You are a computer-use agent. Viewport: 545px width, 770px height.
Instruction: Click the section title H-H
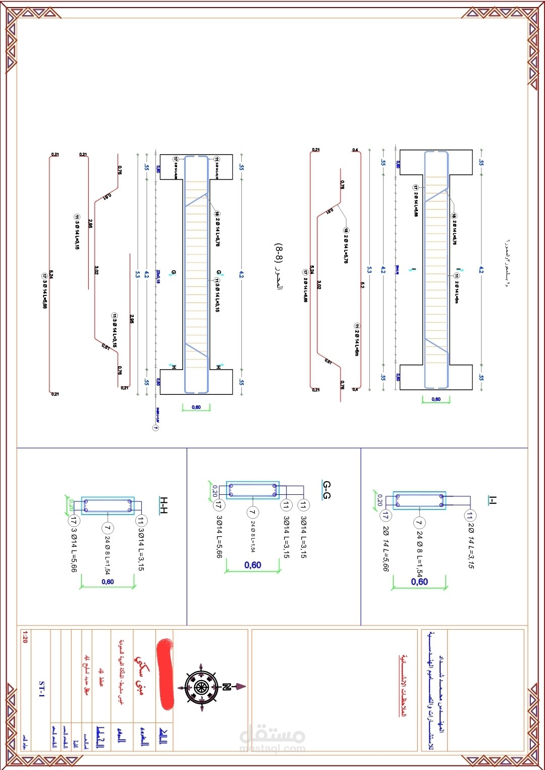(x=163, y=505)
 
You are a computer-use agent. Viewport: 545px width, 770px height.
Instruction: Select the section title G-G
(x=326, y=489)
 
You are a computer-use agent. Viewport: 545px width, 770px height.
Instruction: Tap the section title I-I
(x=493, y=500)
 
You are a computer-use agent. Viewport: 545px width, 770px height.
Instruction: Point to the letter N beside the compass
(x=227, y=687)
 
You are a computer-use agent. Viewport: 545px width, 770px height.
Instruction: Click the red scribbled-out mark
(x=165, y=674)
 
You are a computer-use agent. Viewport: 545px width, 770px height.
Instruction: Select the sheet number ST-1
(x=42, y=689)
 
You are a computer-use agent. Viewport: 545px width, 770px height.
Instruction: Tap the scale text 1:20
(x=25, y=637)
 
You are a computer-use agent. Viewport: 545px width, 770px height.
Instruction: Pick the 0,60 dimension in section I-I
(x=419, y=582)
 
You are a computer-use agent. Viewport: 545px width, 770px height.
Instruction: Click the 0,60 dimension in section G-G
(x=253, y=565)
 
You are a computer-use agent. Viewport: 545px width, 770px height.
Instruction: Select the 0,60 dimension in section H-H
(x=107, y=582)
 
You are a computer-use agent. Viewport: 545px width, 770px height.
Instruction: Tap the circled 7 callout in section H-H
(x=107, y=528)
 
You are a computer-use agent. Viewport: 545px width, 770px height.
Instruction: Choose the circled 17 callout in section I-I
(x=385, y=516)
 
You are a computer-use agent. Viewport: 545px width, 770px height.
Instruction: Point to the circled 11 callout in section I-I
(x=470, y=516)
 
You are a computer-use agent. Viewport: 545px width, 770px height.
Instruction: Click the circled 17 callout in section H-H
(x=74, y=521)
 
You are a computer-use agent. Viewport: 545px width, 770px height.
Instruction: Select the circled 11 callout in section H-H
(x=141, y=521)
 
